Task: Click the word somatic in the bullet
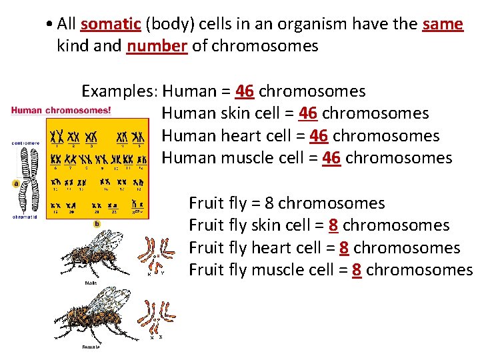110,24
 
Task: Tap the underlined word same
443,24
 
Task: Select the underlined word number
157,46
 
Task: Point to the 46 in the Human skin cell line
307,113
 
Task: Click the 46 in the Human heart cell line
319,136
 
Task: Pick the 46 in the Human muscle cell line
331,158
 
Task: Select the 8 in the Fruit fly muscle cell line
357,270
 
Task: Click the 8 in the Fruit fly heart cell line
344,247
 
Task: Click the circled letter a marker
15,183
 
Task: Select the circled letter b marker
97,223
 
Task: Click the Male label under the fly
91,283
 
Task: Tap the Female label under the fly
91,347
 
